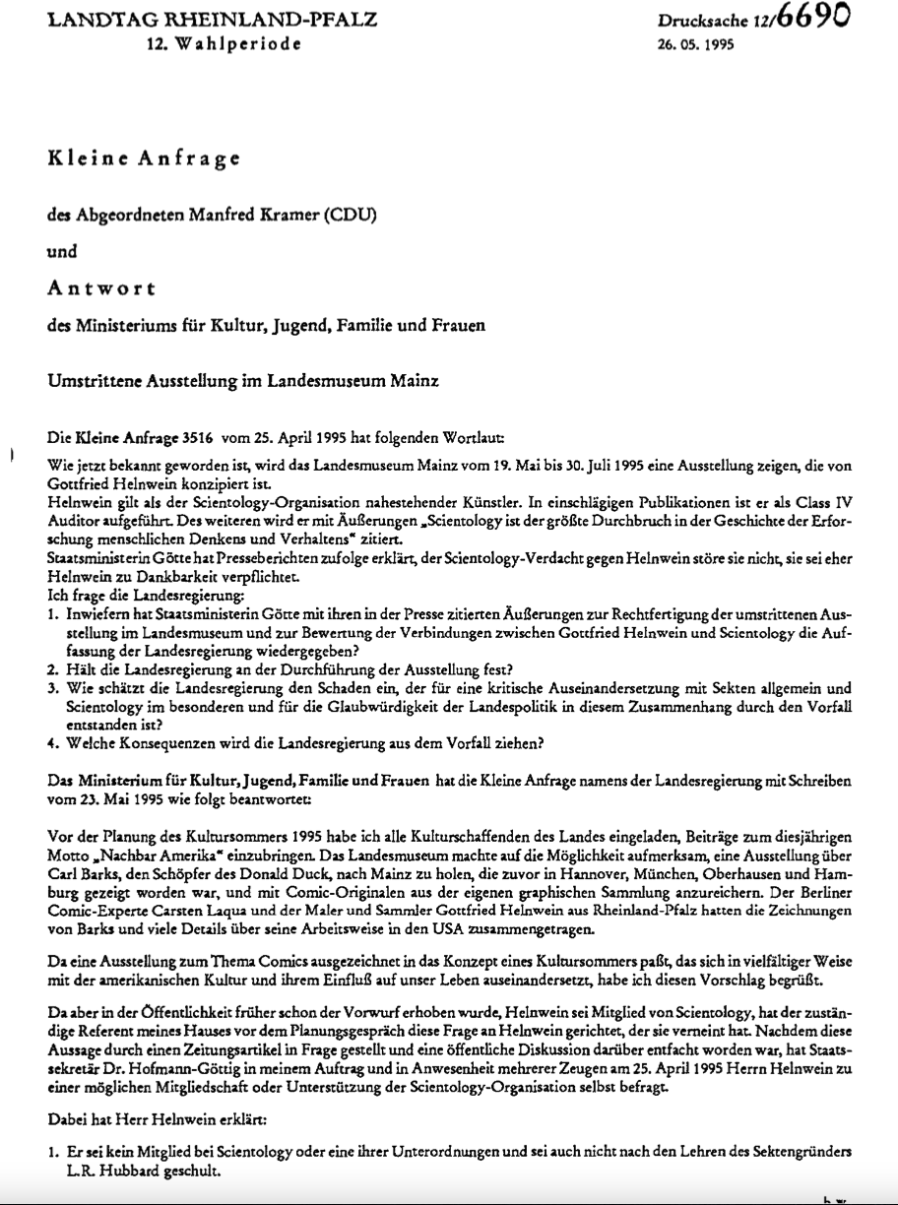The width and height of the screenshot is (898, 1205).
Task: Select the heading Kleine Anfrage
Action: pyautogui.click(x=145, y=159)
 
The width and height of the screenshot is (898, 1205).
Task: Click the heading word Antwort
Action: pyautogui.click(x=100, y=287)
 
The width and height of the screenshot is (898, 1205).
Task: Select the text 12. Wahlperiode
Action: pyautogui.click(x=223, y=44)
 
